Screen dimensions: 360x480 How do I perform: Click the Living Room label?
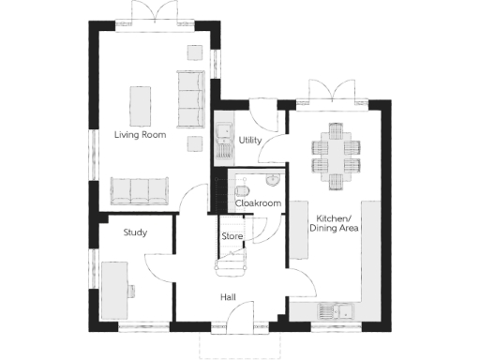click(x=140, y=135)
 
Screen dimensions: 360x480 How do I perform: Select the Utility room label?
click(x=249, y=140)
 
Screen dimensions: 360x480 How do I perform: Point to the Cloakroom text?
click(x=258, y=202)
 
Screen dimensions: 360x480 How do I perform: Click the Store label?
click(x=232, y=236)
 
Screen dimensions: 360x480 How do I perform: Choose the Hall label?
click(x=228, y=297)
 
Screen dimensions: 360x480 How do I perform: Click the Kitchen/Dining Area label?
click(x=336, y=223)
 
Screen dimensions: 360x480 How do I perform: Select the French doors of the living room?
click(x=153, y=13)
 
